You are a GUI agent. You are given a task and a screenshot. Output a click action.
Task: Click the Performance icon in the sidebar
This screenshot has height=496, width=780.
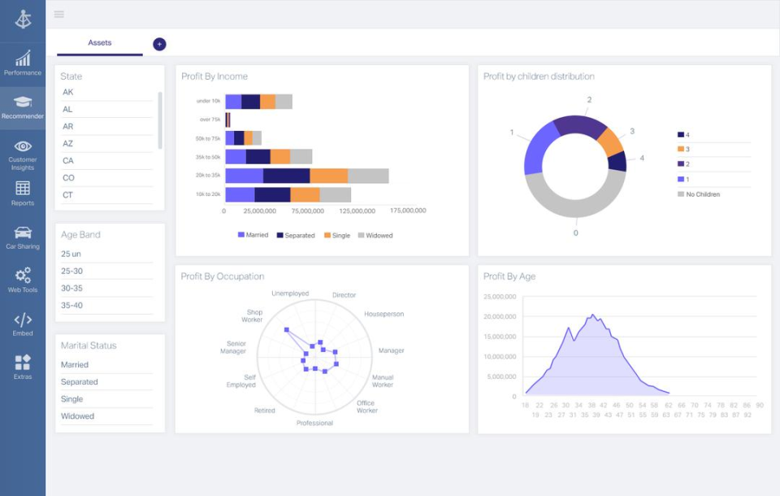23,59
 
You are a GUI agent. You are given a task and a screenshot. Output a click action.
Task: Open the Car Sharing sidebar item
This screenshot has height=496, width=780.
23,233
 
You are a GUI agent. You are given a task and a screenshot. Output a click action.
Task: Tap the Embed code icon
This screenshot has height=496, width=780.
23,320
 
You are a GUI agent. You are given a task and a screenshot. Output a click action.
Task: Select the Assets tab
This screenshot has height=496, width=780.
100,43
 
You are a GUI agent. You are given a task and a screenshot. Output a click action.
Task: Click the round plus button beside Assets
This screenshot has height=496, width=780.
159,44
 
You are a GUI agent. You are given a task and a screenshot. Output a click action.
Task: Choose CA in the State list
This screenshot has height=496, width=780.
68,161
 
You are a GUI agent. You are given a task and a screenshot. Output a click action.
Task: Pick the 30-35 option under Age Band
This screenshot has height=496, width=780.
71,289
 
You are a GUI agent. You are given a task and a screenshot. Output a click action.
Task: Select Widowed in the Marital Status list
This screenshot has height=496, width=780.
78,416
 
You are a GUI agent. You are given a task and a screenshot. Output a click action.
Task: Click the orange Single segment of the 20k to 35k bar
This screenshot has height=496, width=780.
329,176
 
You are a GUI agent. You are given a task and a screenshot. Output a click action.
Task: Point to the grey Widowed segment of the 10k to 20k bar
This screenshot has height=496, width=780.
335,194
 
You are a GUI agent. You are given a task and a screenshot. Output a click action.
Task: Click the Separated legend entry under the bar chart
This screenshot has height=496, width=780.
297,236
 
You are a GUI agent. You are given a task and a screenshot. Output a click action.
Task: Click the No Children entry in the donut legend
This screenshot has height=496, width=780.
703,194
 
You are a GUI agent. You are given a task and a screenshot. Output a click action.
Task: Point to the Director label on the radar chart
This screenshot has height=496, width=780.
344,295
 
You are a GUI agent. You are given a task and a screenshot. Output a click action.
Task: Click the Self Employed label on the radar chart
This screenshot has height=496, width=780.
240,381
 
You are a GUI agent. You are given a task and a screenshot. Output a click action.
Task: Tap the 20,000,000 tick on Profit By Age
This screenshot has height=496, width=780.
500,317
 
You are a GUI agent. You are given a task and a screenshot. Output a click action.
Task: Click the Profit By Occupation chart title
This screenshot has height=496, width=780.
222,276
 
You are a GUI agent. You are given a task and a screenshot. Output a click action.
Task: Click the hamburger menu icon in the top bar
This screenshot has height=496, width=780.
59,15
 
